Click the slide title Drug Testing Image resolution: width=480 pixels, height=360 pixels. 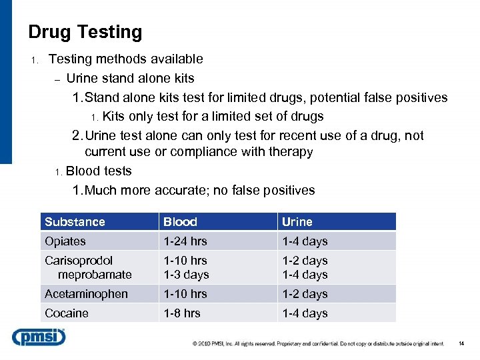point(85,32)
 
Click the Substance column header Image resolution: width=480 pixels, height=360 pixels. point(75,222)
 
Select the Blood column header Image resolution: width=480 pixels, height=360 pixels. point(180,222)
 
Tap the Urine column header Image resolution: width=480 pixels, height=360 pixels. point(297,222)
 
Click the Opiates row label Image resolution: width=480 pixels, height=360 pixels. point(65,241)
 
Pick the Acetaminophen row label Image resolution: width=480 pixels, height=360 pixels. point(86,294)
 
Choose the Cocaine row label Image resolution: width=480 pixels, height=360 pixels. point(67,313)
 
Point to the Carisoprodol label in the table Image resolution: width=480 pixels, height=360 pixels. point(79,261)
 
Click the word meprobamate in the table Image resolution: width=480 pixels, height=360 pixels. point(95,275)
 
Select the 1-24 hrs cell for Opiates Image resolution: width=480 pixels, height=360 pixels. point(185,241)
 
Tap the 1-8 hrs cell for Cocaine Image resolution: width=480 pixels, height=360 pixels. point(182,313)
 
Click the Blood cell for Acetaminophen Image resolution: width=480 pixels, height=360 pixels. point(185,294)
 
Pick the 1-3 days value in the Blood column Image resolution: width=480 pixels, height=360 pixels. point(187,275)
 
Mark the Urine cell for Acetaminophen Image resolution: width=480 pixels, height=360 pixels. point(305,294)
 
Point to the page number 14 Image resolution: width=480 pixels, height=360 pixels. point(461,344)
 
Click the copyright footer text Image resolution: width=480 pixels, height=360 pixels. point(318,344)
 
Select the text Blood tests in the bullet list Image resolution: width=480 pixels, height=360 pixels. point(99,171)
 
